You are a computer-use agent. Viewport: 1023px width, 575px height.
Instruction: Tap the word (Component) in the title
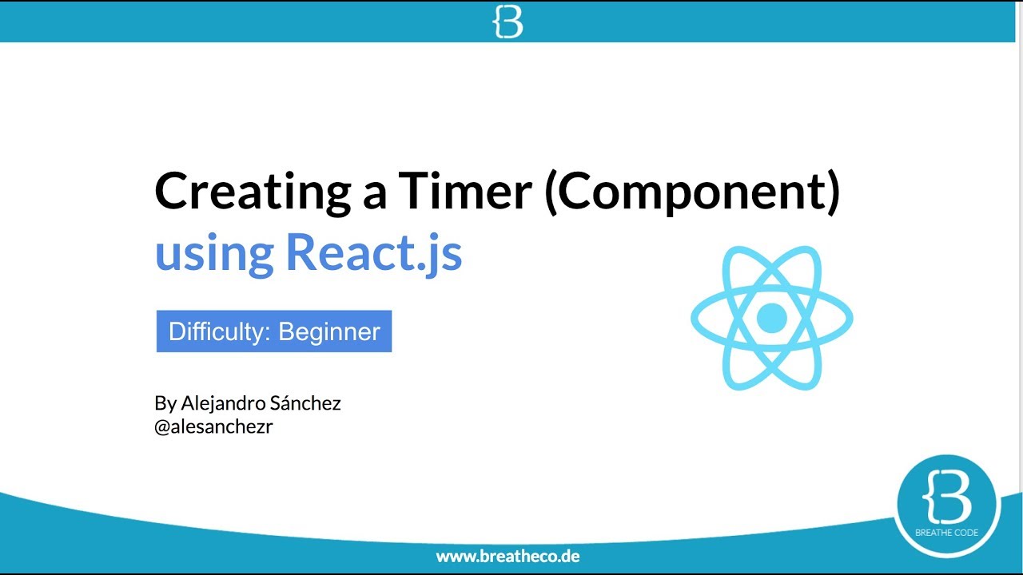[692, 193]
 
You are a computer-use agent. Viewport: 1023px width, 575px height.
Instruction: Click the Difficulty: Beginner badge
[274, 331]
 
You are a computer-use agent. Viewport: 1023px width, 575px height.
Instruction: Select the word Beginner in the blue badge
[328, 331]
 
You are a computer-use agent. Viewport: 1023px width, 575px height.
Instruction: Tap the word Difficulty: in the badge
[219, 331]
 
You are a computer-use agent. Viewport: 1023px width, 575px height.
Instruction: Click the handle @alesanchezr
[213, 426]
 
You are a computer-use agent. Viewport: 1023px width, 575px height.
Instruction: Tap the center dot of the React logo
[771, 318]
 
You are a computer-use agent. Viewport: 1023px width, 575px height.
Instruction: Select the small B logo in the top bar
[508, 22]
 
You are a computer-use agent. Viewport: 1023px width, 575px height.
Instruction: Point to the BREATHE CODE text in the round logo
[949, 533]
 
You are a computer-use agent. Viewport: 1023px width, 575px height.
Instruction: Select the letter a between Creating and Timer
[374, 196]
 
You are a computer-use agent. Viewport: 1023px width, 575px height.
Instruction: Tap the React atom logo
[771, 318]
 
